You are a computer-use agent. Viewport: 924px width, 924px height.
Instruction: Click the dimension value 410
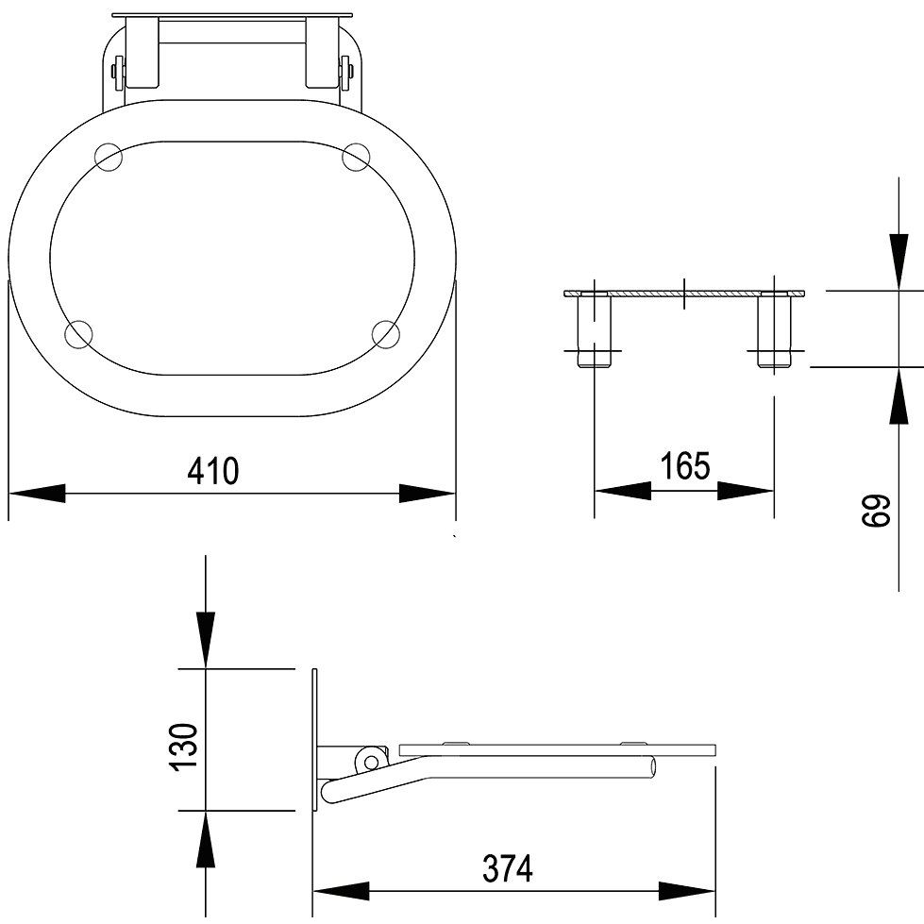coord(213,470)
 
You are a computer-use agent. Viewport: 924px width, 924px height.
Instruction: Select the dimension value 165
coord(685,465)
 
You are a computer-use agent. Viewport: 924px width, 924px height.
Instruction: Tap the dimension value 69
coord(875,511)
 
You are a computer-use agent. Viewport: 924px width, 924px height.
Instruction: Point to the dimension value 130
coord(183,746)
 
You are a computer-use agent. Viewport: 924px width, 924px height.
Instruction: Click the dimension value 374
coord(508,868)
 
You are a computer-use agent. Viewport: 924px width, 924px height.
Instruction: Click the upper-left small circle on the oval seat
coord(108,158)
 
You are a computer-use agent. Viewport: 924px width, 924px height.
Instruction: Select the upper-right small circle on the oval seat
coord(356,157)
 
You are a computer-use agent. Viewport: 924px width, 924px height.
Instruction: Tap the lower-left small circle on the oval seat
coord(78,334)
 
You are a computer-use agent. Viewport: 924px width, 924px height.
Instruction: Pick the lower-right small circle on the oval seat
coord(387,335)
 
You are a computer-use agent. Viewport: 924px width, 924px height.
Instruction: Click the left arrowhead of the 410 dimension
coord(37,494)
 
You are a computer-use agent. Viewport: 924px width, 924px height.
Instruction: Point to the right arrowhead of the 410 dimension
coord(428,494)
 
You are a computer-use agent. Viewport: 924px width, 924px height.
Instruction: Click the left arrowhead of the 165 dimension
coord(623,491)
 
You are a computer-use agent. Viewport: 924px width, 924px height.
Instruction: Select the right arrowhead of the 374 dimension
coord(686,891)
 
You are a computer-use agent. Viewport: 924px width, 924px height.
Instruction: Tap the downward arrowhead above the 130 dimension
coord(205,640)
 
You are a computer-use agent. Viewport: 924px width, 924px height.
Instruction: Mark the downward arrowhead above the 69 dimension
coord(899,261)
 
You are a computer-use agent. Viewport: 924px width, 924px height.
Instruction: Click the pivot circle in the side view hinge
coord(371,763)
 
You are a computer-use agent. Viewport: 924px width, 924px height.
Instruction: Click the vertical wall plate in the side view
coord(314,739)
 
